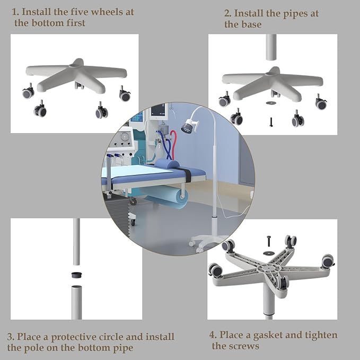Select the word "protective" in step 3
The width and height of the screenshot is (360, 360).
click(x=74, y=337)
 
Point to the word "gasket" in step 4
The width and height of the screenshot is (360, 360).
click(x=271, y=336)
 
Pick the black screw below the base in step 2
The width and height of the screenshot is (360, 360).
click(x=271, y=122)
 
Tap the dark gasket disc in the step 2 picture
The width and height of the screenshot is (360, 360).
click(x=271, y=103)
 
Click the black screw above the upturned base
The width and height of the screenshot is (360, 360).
click(x=269, y=241)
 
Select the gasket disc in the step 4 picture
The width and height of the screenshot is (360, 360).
click(x=269, y=253)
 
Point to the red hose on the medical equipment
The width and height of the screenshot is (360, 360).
click(x=174, y=142)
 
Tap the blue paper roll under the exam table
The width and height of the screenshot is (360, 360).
click(x=168, y=197)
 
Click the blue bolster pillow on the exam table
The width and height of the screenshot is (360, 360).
click(x=168, y=164)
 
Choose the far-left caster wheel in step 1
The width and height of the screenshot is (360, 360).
click(x=29, y=91)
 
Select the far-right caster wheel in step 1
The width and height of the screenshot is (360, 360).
click(x=125, y=94)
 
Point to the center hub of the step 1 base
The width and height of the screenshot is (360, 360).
click(x=74, y=66)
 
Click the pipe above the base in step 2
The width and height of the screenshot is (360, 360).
click(x=271, y=47)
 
